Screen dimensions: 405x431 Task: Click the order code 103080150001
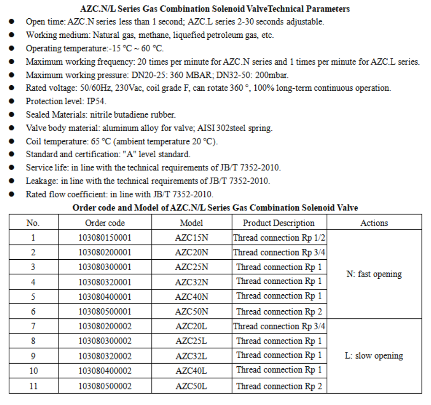click(105, 238)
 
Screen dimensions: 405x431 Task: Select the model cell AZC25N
click(191, 267)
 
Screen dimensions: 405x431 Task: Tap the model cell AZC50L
click(191, 386)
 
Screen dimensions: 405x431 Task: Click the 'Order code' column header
click(105, 223)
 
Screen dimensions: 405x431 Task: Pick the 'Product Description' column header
click(279, 223)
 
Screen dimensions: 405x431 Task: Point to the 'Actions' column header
click(374, 223)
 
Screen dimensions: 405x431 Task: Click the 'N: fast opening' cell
click(374, 274)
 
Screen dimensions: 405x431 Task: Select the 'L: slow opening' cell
click(374, 356)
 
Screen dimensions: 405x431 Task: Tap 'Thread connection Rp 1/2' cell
click(279, 238)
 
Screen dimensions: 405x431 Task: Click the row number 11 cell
click(33, 386)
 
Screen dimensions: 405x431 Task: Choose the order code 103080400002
click(105, 371)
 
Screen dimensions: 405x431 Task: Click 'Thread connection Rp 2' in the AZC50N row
click(279, 312)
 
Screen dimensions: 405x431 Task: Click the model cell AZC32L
click(191, 356)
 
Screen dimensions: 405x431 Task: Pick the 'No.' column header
click(33, 223)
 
